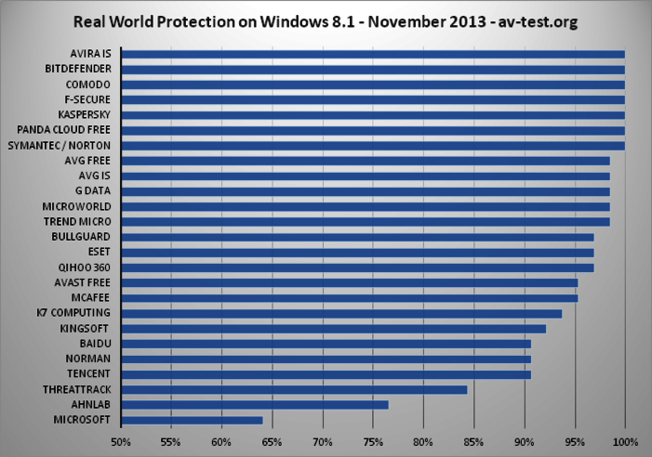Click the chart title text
tap(326, 22)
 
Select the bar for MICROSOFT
tap(192, 420)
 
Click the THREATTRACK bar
tap(294, 389)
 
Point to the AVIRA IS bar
tap(372, 54)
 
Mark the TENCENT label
tap(89, 374)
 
